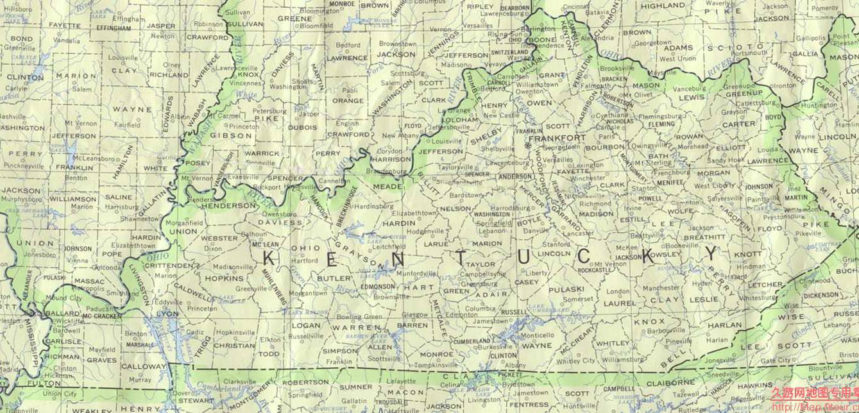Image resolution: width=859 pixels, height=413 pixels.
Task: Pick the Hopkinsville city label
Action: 235,332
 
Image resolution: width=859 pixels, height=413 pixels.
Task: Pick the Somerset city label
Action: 578,299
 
